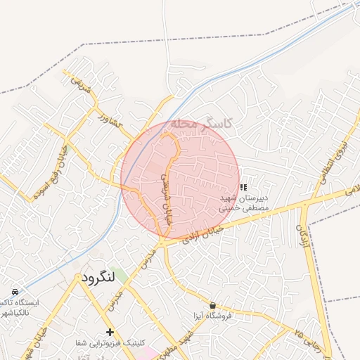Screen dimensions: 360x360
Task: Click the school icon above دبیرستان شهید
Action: pyautogui.click(x=243, y=187)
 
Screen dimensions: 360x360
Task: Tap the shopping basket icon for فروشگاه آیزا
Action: pyautogui.click(x=213, y=305)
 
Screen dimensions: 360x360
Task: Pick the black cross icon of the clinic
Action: pyautogui.click(x=110, y=331)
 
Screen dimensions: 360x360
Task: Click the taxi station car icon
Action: pyautogui.click(x=15, y=291)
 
